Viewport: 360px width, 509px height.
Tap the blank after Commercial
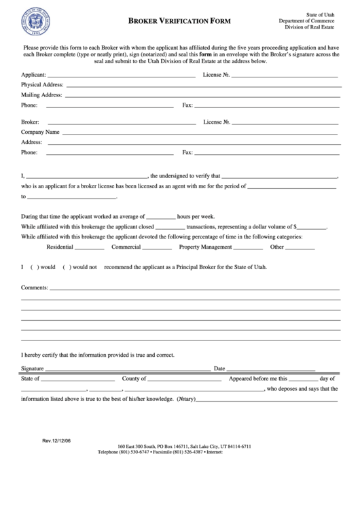pos(156,249)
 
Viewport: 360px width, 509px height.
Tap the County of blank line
pos(183,380)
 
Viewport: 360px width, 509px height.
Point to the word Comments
pos(34,287)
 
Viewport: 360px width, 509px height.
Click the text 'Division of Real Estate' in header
pos(313,28)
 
